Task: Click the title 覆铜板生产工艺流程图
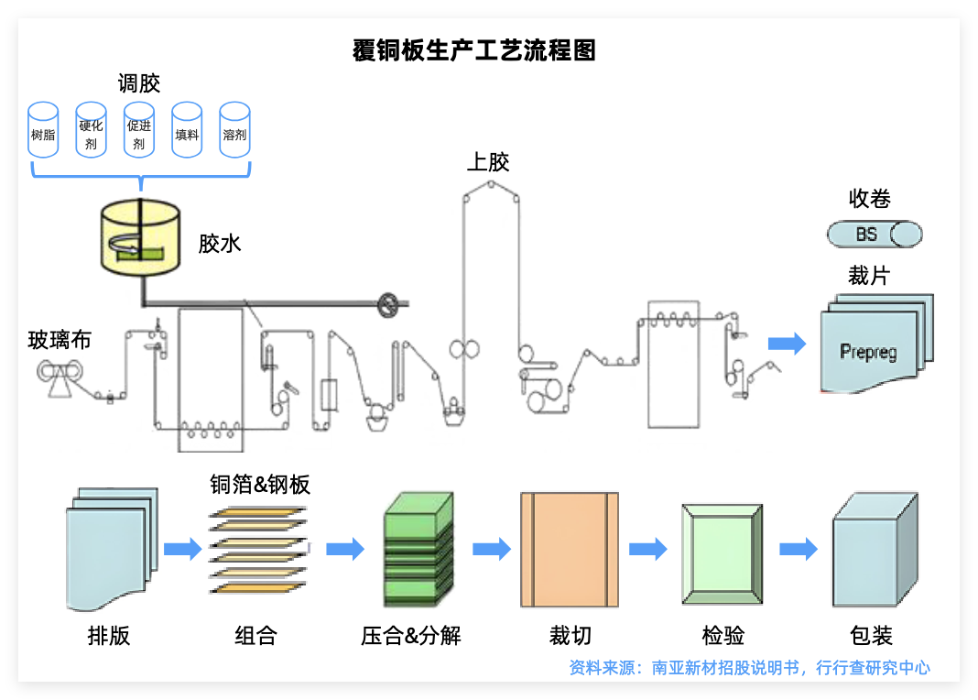(473, 50)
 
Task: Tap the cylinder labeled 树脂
(43, 130)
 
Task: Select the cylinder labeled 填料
(187, 130)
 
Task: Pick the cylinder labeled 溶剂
(234, 130)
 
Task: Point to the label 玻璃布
(60, 340)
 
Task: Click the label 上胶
(488, 163)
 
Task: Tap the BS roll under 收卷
(874, 235)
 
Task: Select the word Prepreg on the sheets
(868, 352)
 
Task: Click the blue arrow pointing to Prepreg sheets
(787, 344)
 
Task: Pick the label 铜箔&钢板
(260, 485)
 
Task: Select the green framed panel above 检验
(722, 552)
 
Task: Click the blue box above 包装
(874, 552)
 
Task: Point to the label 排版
(109, 635)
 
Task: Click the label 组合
(255, 635)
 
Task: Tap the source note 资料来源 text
(749, 668)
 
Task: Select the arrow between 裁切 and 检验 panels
(648, 550)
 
